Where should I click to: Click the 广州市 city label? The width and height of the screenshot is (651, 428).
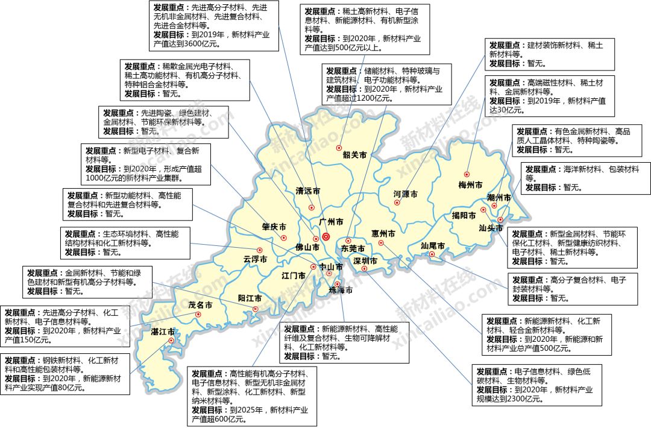point(330,222)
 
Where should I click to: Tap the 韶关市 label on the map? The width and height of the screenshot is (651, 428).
point(354,155)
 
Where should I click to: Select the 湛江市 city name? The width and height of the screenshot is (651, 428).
point(163,332)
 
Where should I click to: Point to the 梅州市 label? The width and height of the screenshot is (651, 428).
point(470,184)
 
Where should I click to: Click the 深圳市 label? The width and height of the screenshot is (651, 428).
point(365,261)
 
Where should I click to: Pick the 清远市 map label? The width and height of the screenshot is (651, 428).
point(307,191)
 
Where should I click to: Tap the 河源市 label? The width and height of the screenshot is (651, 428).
point(405,194)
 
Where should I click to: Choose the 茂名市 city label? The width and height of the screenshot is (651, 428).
point(200,305)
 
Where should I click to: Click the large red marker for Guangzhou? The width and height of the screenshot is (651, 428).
point(326,236)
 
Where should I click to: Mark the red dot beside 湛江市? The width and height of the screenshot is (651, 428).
point(172,340)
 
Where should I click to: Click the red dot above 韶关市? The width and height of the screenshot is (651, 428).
point(339,147)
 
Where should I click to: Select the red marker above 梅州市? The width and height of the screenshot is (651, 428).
point(467,174)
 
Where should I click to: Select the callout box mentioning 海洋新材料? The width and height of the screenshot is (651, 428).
point(585,178)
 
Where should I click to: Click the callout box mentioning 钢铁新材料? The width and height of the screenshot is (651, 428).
point(64,374)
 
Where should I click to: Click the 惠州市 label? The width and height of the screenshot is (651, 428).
point(383,233)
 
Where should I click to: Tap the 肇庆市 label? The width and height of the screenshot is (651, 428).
point(274,227)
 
